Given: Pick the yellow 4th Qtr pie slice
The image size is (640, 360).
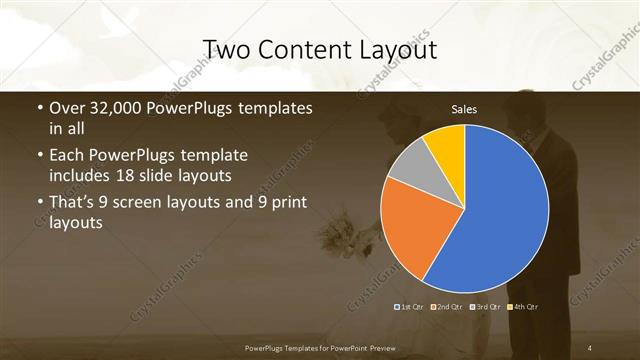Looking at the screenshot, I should pyautogui.click(x=446, y=145).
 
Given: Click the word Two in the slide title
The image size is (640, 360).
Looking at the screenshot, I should pyautogui.click(x=225, y=49).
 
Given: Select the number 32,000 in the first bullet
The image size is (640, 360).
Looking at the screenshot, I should pyautogui.click(x=109, y=108).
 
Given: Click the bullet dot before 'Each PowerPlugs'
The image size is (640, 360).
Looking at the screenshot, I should pyautogui.click(x=39, y=156).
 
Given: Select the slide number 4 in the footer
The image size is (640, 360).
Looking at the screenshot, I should pyautogui.click(x=591, y=346).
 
